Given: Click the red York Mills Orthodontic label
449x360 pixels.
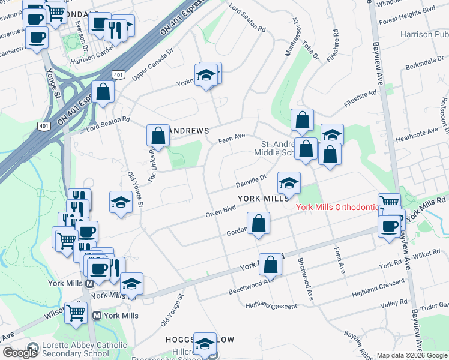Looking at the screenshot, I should pos(336,207).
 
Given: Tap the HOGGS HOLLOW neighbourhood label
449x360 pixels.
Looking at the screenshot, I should pos(200,340).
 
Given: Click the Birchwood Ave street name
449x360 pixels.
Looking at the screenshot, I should pos(306,279).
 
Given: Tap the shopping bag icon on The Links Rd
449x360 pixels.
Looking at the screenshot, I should pos(158,135).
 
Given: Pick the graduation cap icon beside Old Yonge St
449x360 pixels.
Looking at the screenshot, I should pos(121,202).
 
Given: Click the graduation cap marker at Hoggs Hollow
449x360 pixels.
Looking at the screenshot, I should pos(205,343).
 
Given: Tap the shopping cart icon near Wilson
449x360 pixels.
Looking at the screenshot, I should pos(76,312).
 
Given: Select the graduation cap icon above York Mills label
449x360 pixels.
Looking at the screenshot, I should pos(289,182).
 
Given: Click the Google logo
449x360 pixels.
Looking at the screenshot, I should pos(20,353).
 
